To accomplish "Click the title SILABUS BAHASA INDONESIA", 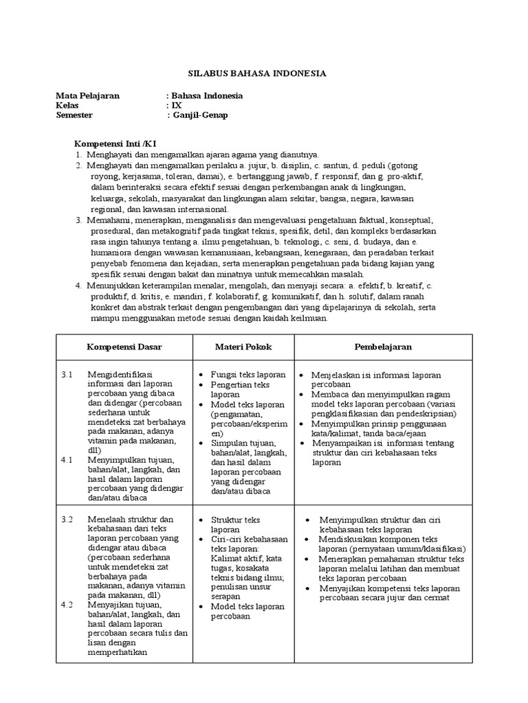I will [257, 73].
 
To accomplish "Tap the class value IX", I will [177, 106].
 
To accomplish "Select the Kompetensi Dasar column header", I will [124, 347].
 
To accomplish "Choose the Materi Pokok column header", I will [243, 347].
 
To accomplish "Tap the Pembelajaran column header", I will [383, 347].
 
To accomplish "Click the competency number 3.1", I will [67, 375].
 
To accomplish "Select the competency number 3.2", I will [67, 520].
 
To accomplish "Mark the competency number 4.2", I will [67, 605].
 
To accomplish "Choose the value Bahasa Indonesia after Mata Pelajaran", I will [206, 96].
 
